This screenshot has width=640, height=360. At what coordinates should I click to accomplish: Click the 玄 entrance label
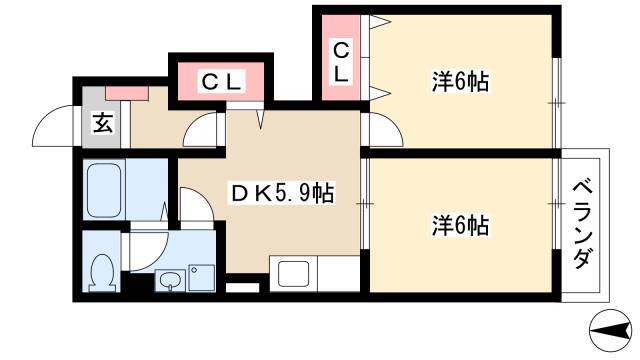(102, 122)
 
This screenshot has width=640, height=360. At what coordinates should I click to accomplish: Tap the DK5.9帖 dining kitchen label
(282, 193)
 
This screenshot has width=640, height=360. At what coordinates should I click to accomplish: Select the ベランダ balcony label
(582, 225)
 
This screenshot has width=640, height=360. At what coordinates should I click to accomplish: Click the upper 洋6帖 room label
(460, 81)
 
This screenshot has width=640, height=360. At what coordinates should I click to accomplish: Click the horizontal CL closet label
(222, 81)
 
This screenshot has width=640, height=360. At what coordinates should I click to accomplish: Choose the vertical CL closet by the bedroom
(341, 63)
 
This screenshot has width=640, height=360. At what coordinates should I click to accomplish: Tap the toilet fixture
(102, 272)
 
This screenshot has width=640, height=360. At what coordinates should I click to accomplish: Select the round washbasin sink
(171, 281)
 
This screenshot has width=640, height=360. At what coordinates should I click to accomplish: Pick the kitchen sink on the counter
(293, 274)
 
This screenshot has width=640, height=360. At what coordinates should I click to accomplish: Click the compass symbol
(611, 331)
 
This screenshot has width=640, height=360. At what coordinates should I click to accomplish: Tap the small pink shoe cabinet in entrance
(127, 93)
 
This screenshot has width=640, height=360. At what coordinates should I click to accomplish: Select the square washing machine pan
(202, 278)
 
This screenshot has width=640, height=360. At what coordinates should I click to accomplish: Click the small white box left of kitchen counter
(242, 287)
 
